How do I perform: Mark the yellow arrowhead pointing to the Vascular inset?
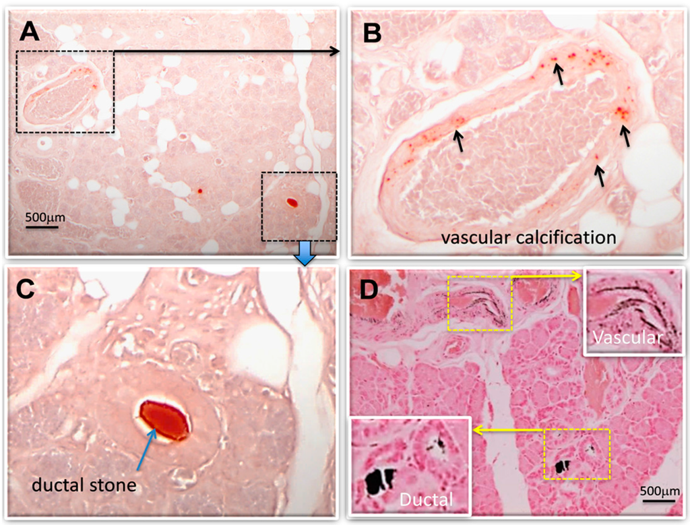577,275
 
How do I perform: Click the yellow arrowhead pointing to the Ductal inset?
476,429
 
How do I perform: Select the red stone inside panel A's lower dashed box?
292,202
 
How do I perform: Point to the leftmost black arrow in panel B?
458,140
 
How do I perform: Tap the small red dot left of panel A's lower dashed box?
200,191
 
